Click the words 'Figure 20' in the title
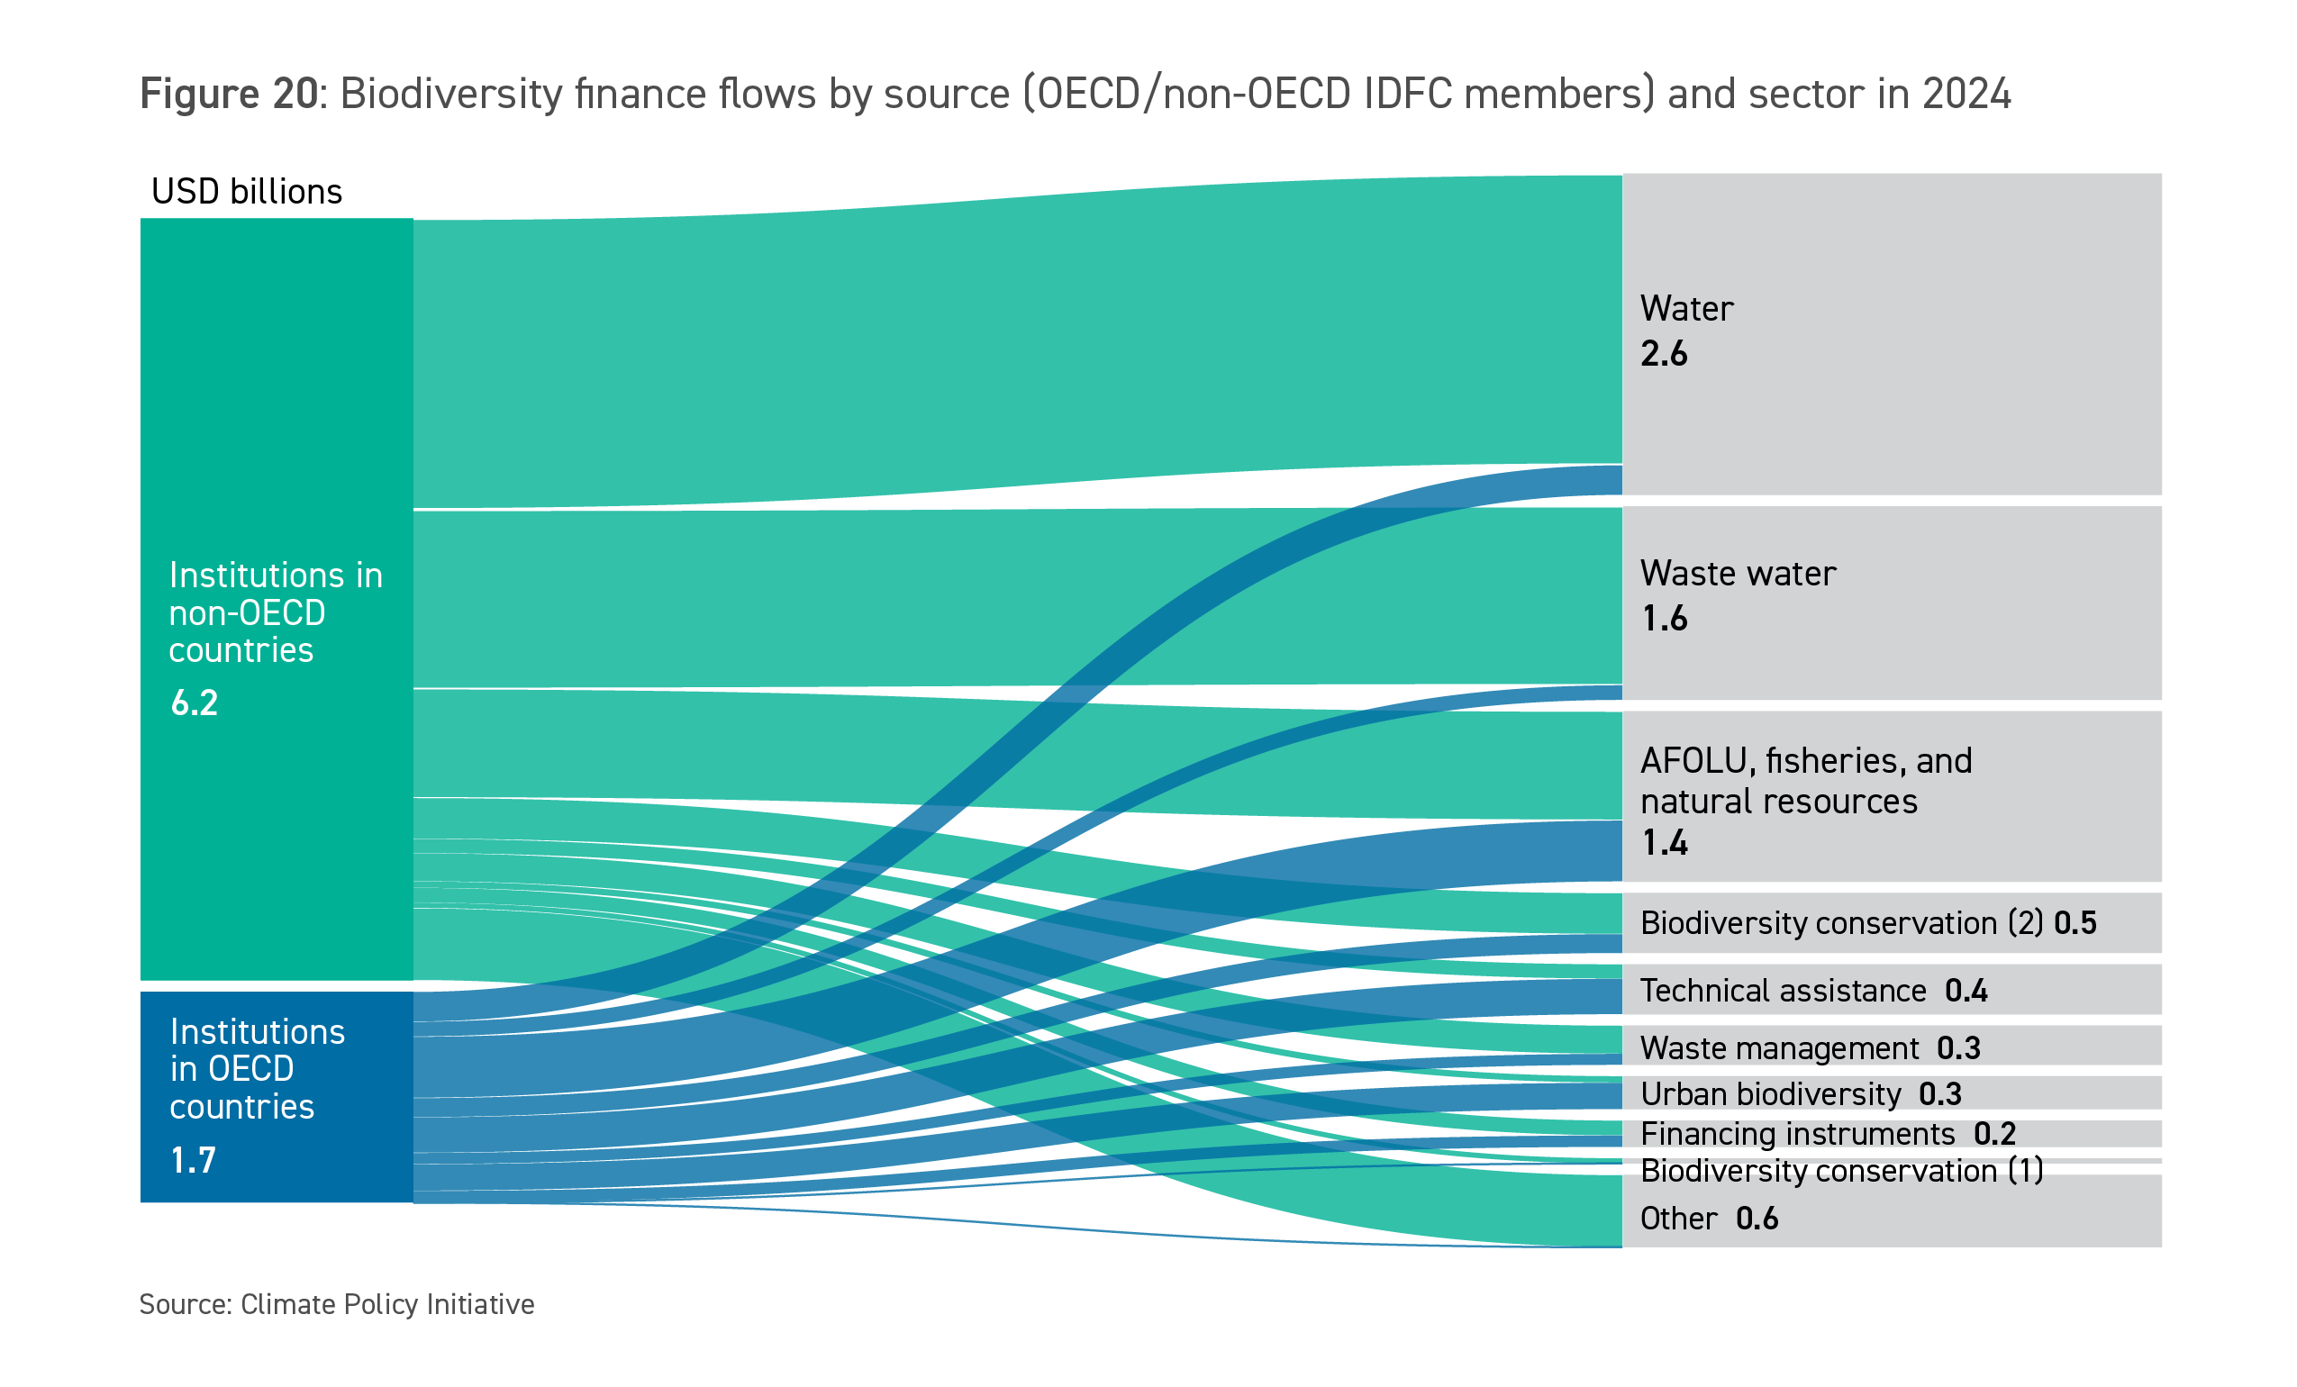(229, 95)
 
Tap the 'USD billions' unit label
(247, 192)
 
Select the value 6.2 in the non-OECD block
(194, 703)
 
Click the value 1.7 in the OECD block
(193, 1161)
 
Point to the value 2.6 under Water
(1663, 354)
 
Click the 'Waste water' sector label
(1738, 573)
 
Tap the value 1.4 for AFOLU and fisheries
(1664, 843)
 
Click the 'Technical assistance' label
(1783, 990)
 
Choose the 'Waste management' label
(1779, 1047)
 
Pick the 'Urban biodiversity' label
(1770, 1093)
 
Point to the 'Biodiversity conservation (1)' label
(1841, 1171)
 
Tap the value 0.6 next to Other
(1757, 1219)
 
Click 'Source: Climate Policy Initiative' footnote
(337, 1304)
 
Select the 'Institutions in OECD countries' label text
(257, 1069)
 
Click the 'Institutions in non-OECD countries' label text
(275, 612)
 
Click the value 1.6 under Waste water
(1664, 619)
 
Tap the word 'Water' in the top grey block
(1686, 309)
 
